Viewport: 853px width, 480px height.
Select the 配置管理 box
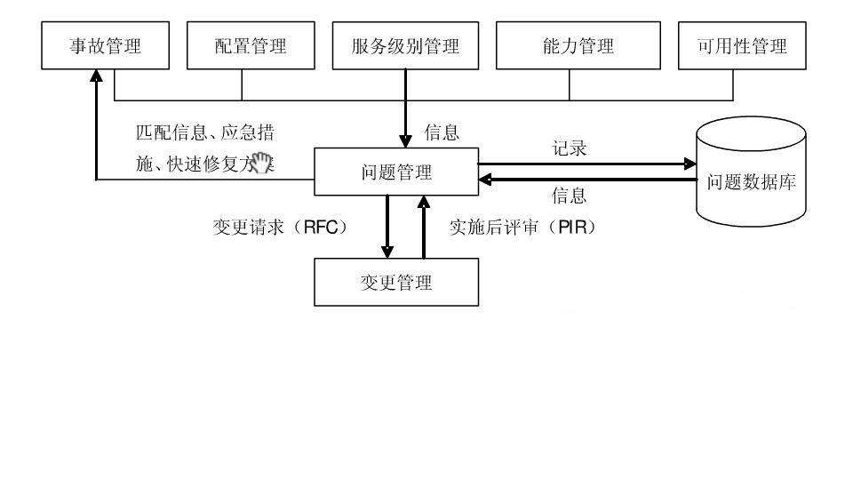[x=251, y=46]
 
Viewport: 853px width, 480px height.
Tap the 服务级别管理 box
[x=404, y=46]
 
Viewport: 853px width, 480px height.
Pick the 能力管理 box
[x=578, y=46]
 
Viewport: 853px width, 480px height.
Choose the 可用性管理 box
[x=741, y=46]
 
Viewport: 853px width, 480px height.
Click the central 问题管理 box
[x=396, y=172]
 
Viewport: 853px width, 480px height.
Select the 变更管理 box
[x=396, y=283]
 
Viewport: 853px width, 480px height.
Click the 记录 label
[x=570, y=148]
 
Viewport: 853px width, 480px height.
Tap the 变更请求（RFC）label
[x=279, y=227]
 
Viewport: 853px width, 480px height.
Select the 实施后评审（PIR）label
[x=522, y=227]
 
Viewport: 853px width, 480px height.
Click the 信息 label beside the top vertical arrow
[x=442, y=133]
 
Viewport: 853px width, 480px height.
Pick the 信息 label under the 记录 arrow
[x=570, y=196]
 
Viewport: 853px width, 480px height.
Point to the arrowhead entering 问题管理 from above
[x=406, y=141]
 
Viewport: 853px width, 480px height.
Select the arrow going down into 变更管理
[x=387, y=228]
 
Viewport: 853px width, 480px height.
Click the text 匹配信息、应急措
[x=204, y=133]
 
